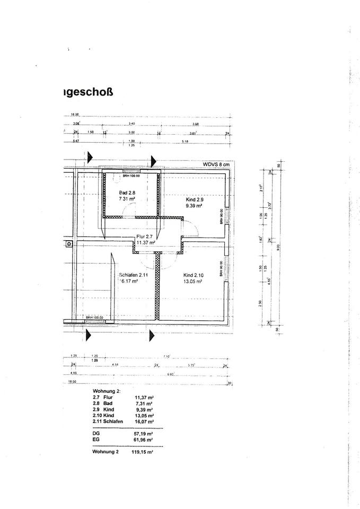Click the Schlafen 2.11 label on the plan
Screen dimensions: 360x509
click(x=129, y=275)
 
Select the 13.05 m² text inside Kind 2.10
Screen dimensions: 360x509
click(x=194, y=282)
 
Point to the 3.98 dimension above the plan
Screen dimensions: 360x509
click(x=196, y=123)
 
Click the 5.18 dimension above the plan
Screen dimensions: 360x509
click(x=185, y=142)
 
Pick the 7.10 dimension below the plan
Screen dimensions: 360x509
click(x=166, y=356)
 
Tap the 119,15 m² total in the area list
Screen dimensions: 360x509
click(x=142, y=453)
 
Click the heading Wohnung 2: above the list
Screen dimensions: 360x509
click(x=107, y=391)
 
